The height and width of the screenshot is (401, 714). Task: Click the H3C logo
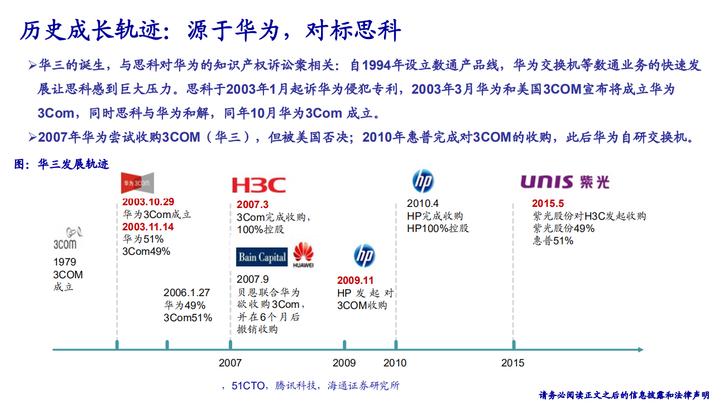(258, 185)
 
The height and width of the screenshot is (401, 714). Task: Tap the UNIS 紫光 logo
(565, 182)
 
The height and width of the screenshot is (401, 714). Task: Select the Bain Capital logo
(262, 257)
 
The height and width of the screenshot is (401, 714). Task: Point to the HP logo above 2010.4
(423, 181)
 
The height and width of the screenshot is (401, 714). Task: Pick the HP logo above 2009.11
(364, 256)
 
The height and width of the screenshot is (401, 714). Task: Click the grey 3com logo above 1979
(65, 238)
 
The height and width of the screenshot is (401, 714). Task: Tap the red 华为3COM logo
(137, 183)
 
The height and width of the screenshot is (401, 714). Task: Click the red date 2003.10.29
(148, 202)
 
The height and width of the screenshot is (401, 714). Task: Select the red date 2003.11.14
(148, 227)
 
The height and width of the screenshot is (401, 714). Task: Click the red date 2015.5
(548, 204)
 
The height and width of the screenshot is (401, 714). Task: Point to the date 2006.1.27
(186, 292)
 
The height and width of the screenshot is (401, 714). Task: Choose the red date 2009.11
(355, 281)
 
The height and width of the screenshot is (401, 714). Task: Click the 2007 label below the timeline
(230, 363)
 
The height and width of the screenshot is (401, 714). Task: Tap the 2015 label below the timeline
(512, 363)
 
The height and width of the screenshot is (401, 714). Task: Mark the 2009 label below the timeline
(344, 363)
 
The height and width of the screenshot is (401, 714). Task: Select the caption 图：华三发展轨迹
(61, 164)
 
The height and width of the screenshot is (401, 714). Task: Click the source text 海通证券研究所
(363, 385)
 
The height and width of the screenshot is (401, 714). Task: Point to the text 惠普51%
(553, 241)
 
